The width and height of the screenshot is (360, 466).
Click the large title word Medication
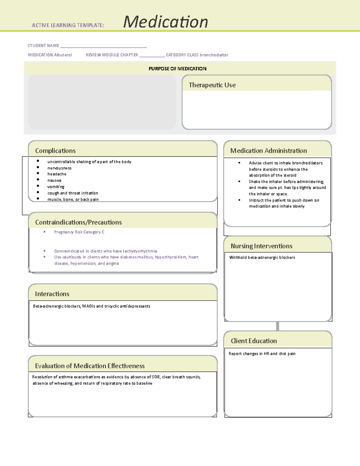point(165,22)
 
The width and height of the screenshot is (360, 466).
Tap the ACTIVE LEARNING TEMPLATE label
point(68,26)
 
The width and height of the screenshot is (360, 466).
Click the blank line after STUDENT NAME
point(103,46)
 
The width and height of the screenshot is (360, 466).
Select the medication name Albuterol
point(63,55)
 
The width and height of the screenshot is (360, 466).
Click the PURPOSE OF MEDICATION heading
point(177,69)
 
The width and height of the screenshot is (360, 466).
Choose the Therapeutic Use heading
point(212,85)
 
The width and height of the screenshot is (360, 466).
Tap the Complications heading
point(55,151)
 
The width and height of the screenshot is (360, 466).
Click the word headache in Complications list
point(57,174)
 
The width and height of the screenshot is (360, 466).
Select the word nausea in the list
point(54,180)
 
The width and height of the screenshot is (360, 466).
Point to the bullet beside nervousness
point(38,167)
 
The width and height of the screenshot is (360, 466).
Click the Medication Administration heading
point(268,151)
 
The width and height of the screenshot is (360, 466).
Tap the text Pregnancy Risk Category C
point(79,232)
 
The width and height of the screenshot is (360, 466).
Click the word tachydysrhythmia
point(140,251)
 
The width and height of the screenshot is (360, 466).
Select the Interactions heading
point(52,294)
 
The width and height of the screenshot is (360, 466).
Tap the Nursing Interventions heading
point(261,246)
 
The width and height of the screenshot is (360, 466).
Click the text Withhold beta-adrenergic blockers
point(262,257)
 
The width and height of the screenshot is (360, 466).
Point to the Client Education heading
point(253,341)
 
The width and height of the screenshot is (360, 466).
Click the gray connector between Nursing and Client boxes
point(277,326)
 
